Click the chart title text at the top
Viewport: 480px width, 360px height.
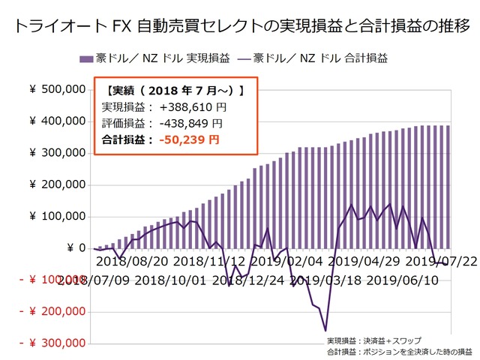[x=240, y=25]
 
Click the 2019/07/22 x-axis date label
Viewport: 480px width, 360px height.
[x=440, y=262]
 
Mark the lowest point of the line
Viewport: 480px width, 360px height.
[x=325, y=330]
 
